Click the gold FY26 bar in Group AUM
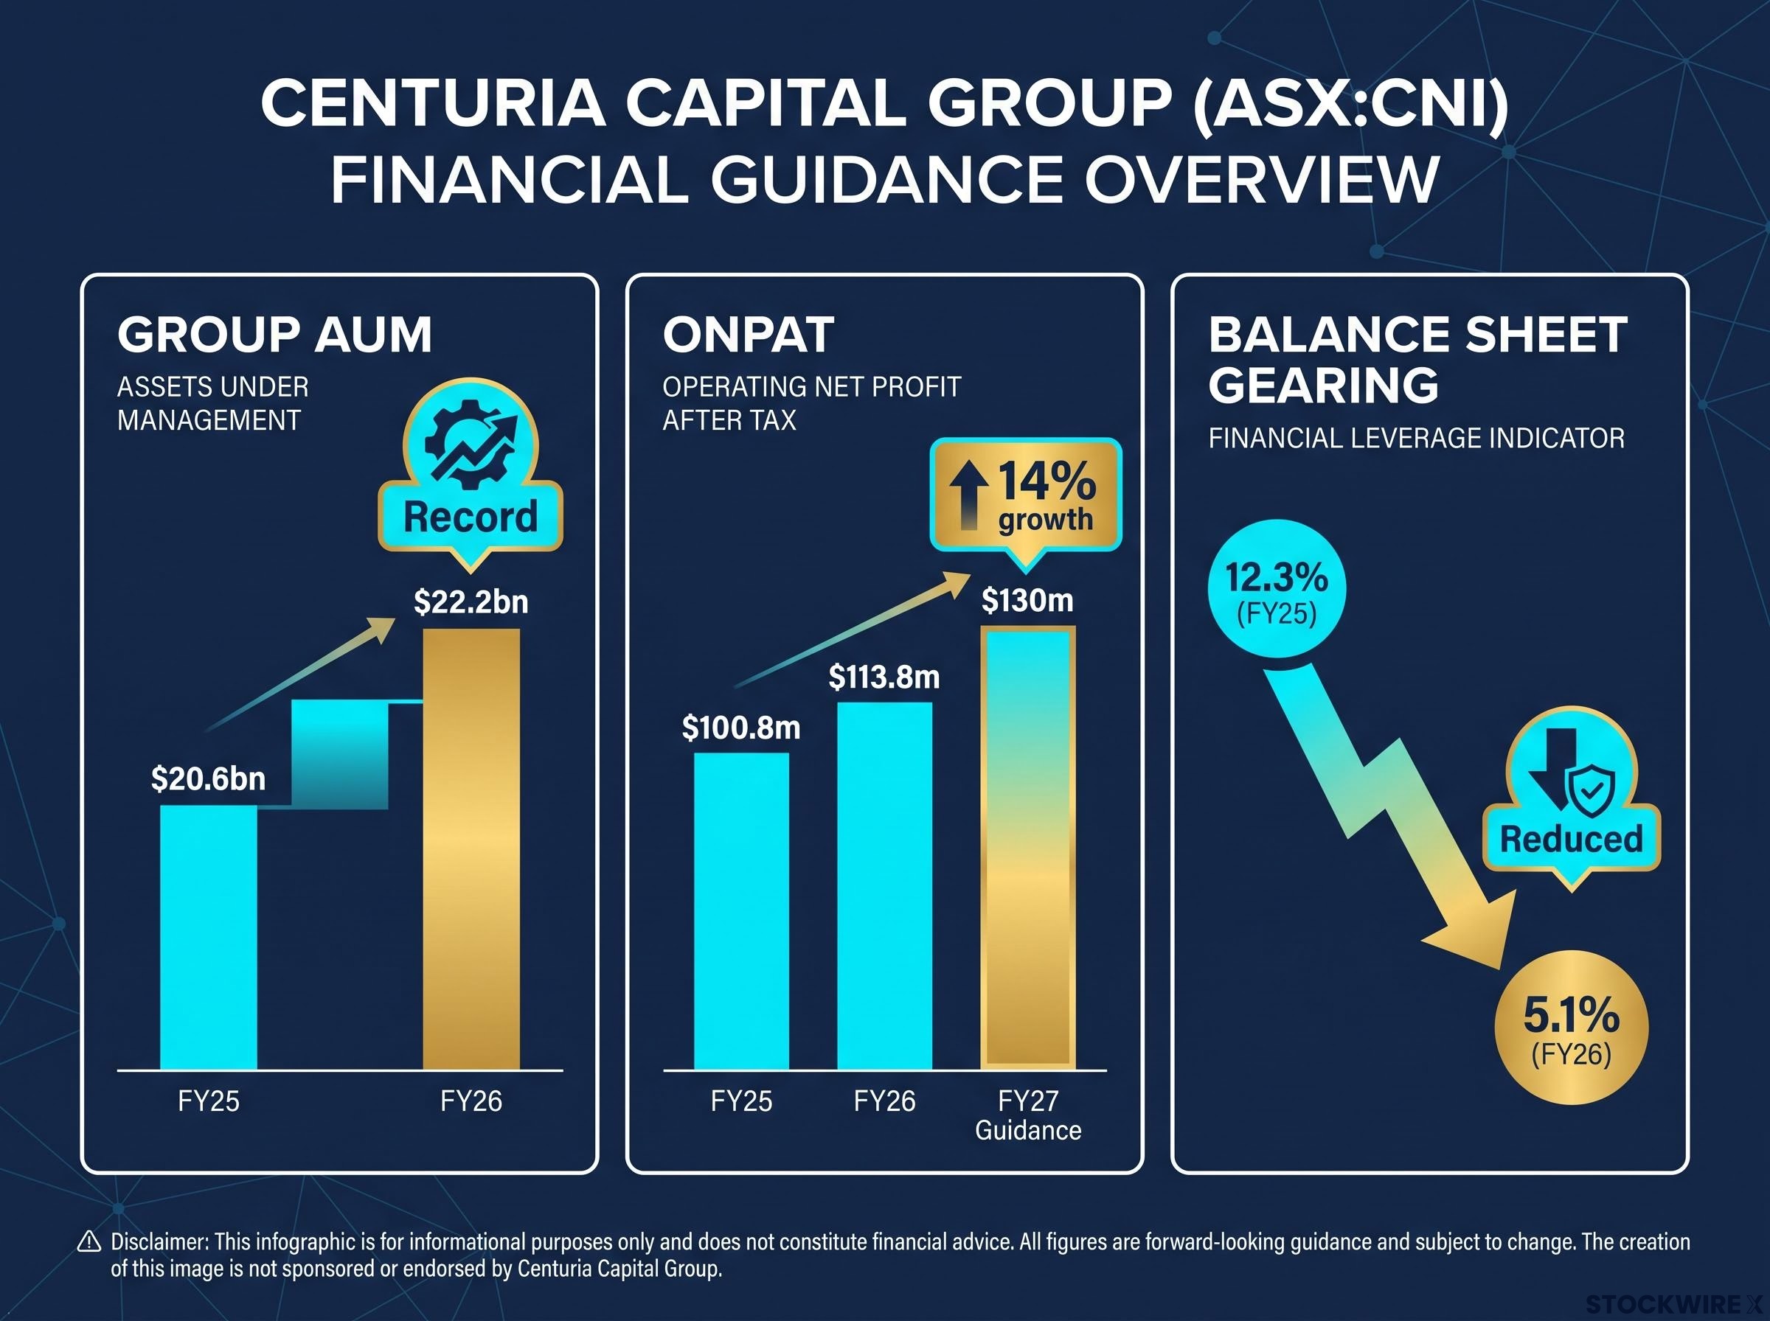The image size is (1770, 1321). pos(471,848)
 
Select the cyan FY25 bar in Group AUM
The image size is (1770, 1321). pos(209,936)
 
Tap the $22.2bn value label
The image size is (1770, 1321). pos(471,602)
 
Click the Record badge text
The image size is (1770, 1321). pos(471,517)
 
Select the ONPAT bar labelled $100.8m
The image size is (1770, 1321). pos(741,911)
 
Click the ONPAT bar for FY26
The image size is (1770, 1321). pos(884,885)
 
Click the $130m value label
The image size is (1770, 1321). pos(1028,600)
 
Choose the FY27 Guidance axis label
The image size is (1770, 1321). pos(1028,1115)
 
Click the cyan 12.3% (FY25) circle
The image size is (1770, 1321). pos(1277,589)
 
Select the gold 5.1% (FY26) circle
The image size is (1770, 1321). pos(1572,1028)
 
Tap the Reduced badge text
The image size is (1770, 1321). pos(1572,839)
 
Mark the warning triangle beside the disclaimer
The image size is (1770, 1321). pos(88,1242)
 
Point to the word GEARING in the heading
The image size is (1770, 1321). pos(1324,385)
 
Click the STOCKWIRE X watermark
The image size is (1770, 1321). pos(1674,1304)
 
